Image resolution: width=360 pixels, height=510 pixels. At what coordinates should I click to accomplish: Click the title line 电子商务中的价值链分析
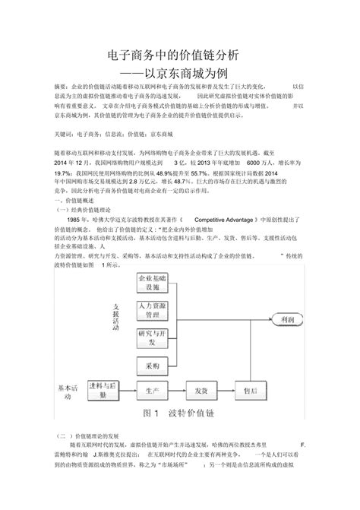click(180, 54)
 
